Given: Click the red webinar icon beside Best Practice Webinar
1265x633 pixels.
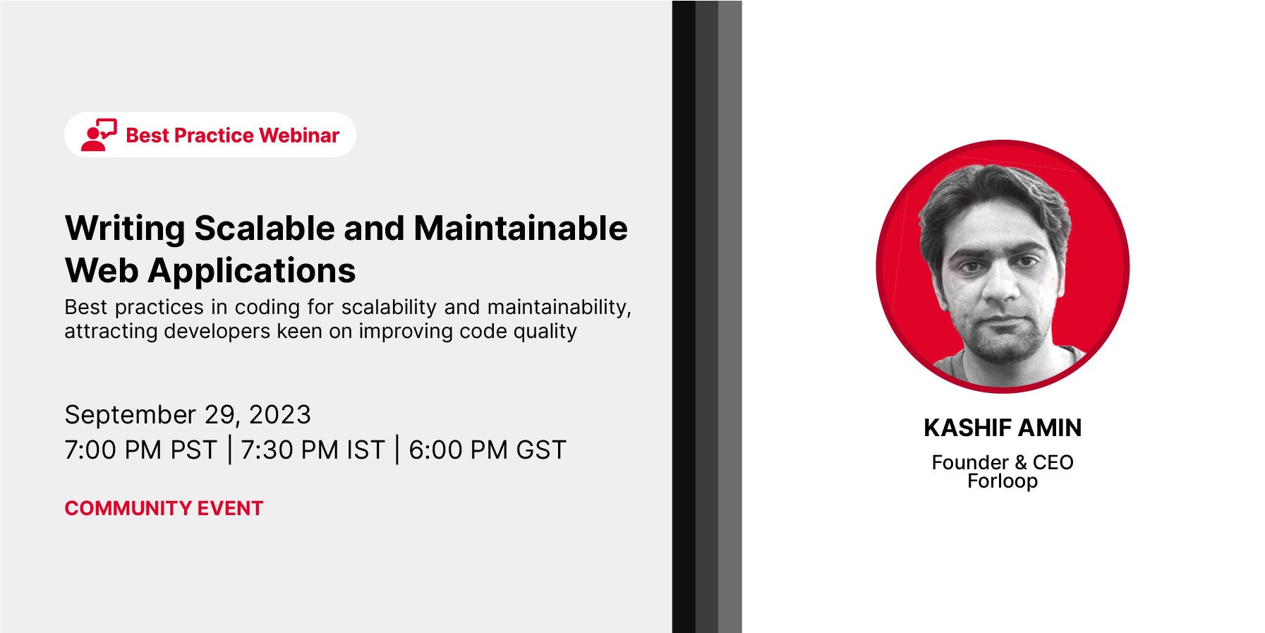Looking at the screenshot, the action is [x=99, y=135].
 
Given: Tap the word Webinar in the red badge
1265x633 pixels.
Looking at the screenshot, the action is [x=299, y=135].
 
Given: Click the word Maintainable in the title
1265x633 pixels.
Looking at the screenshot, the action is [x=521, y=228].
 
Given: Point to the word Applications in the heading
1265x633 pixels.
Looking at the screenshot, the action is [x=252, y=272].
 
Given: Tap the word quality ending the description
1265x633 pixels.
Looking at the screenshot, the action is [x=545, y=332].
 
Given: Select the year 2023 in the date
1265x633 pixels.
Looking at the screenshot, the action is [x=280, y=415].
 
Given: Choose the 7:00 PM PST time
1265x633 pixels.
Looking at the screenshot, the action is [x=140, y=450].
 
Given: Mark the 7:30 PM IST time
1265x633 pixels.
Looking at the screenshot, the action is [x=313, y=450].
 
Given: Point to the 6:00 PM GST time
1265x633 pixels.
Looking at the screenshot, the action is [x=488, y=450].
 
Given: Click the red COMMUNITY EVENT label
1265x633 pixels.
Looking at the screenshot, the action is [x=164, y=508].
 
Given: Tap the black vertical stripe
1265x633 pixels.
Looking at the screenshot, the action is [x=684, y=316].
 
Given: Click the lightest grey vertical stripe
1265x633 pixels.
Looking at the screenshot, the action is [x=730, y=316].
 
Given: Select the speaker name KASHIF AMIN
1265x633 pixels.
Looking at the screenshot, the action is [x=1003, y=428].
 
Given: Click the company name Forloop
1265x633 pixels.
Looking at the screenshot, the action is [x=1003, y=481].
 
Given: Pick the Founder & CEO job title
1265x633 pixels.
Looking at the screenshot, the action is [x=1003, y=462].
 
